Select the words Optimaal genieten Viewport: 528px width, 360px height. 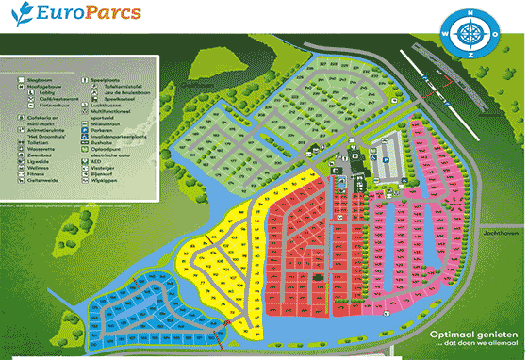[475, 335]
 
